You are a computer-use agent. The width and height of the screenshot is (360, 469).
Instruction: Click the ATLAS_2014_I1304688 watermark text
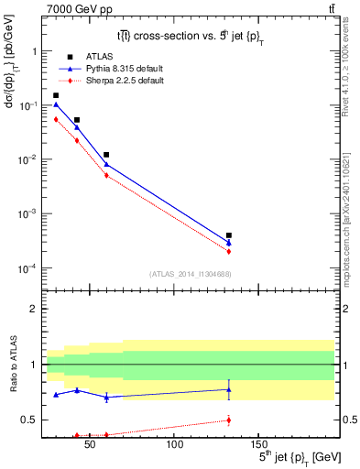point(190,274)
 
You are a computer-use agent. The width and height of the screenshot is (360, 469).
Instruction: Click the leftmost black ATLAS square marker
point(56,95)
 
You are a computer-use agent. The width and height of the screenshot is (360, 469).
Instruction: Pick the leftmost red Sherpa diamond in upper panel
point(56,119)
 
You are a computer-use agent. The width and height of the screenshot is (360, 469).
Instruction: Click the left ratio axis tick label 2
point(33,309)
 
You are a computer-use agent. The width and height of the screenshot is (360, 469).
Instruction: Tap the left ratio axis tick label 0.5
point(29,420)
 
